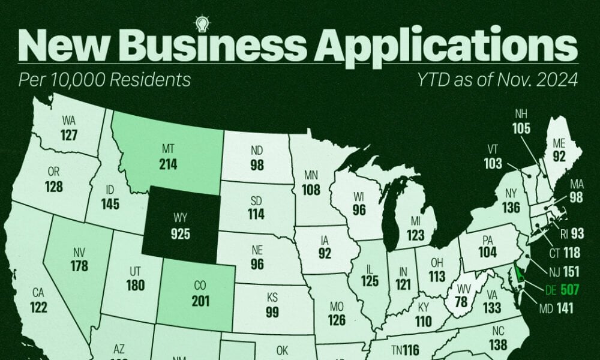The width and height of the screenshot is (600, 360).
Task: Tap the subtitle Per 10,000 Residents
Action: coord(106,80)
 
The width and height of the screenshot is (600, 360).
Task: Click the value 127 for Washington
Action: coord(70,135)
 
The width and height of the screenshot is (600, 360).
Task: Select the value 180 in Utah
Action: coord(136,284)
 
